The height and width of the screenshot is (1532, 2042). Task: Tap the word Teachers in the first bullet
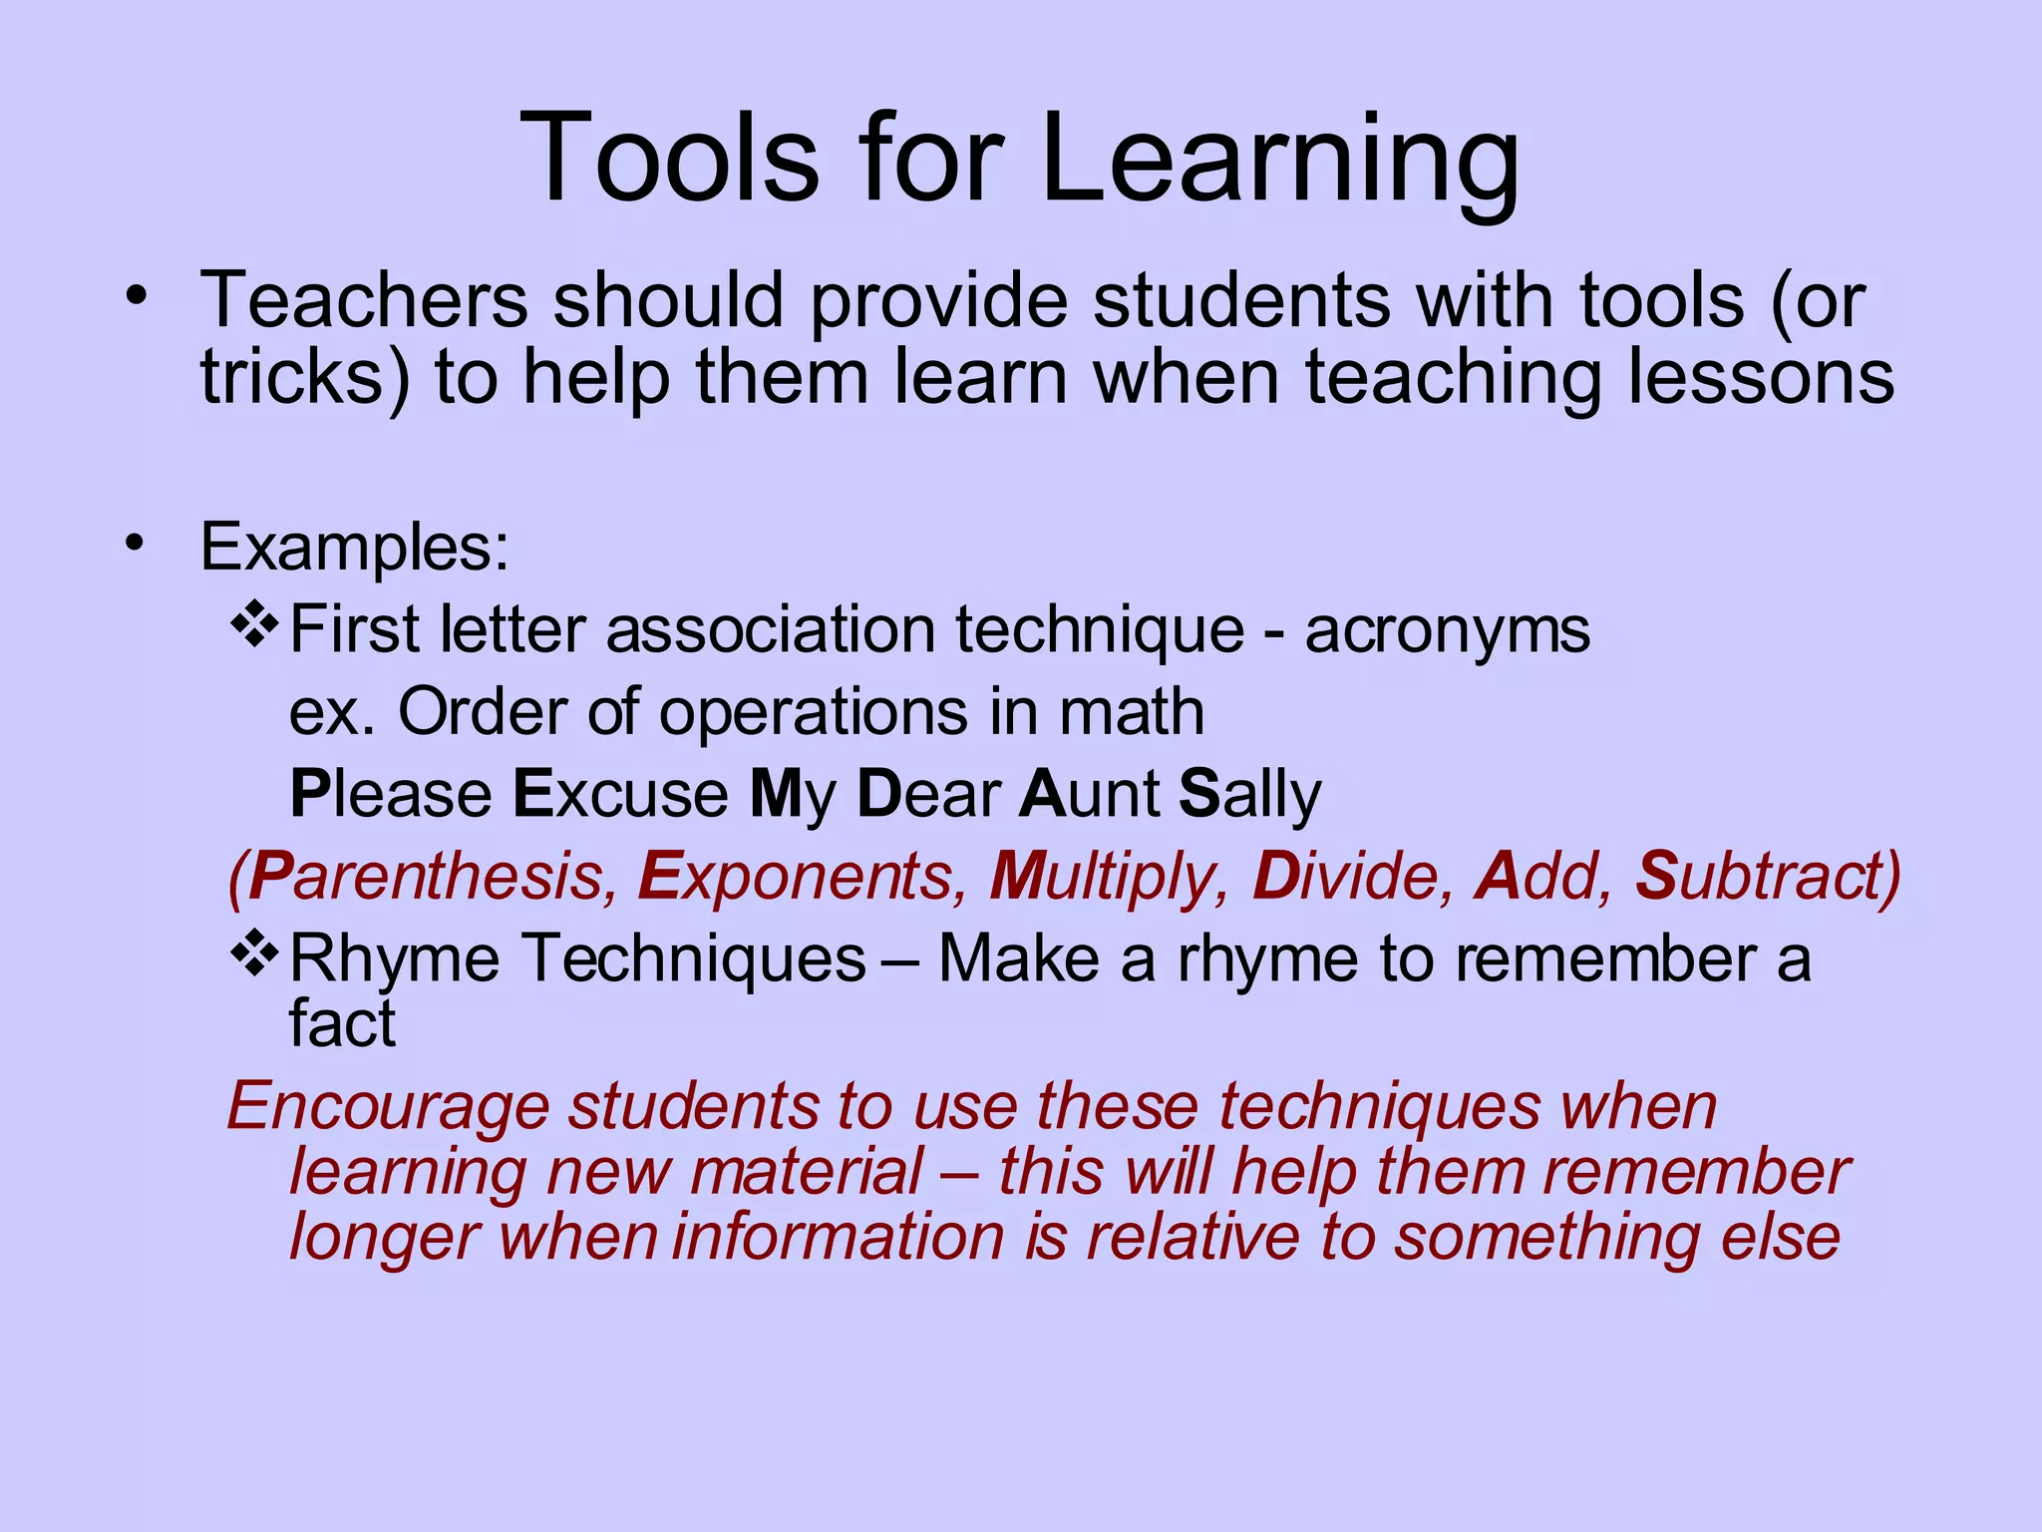pos(364,299)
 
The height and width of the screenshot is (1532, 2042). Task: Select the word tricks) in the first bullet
pos(305,377)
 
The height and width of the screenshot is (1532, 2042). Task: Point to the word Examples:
pos(355,548)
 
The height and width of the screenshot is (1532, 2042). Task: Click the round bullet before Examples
pos(136,545)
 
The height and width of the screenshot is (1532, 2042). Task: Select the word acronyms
pos(1447,630)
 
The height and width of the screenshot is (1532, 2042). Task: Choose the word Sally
pos(1249,796)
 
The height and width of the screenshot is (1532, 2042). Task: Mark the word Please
pos(390,795)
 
